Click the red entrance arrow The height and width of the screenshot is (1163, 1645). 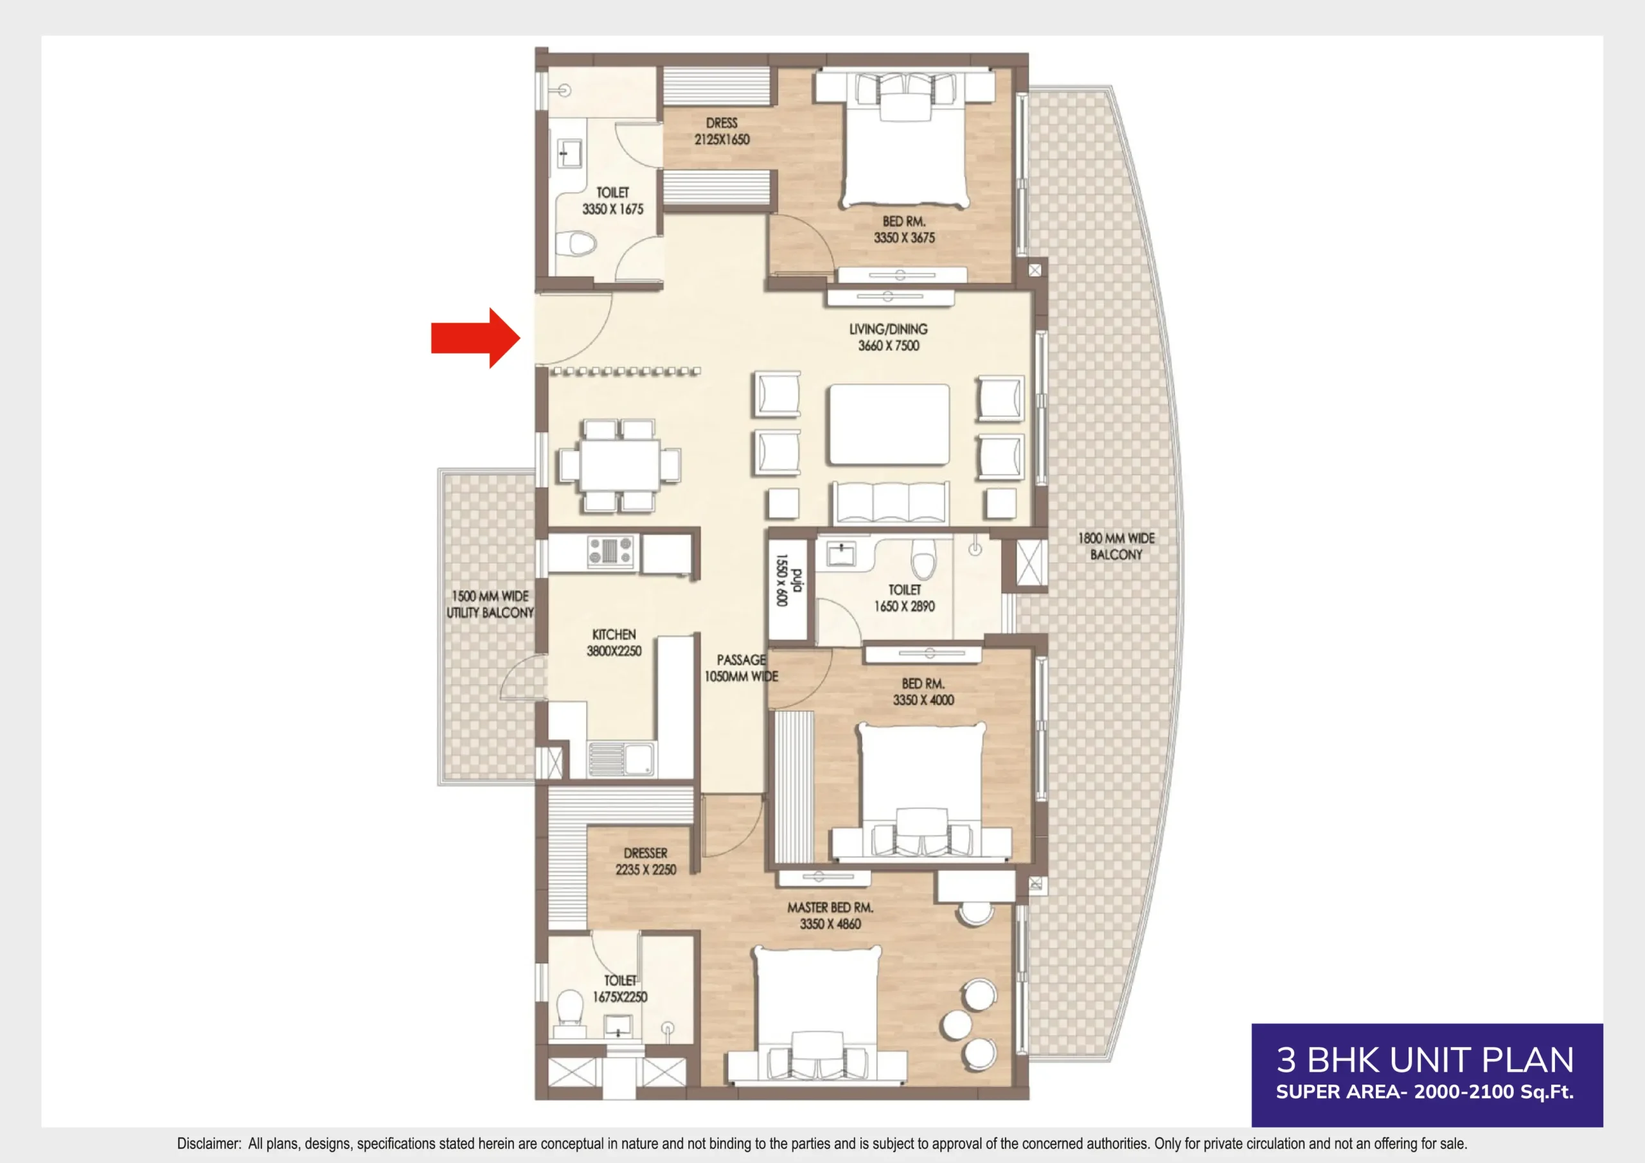tap(474, 338)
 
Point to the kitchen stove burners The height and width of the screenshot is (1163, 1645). tap(610, 551)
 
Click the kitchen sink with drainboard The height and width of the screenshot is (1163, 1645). tap(621, 759)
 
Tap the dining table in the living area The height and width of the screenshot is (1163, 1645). tap(619, 465)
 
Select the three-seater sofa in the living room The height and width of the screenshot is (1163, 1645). tap(890, 502)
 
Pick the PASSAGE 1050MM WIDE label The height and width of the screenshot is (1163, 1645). tap(741, 668)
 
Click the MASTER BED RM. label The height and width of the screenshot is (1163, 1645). tap(830, 907)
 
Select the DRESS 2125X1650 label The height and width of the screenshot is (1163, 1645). tap(721, 131)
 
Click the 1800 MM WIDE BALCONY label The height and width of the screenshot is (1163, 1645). tap(1116, 546)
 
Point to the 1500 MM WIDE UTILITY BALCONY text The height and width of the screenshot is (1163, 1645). tap(490, 604)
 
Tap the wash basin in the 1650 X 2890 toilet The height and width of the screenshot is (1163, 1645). tap(840, 553)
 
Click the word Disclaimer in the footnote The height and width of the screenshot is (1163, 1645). tap(208, 1144)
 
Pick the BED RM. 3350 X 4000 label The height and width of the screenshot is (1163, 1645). tap(923, 692)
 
